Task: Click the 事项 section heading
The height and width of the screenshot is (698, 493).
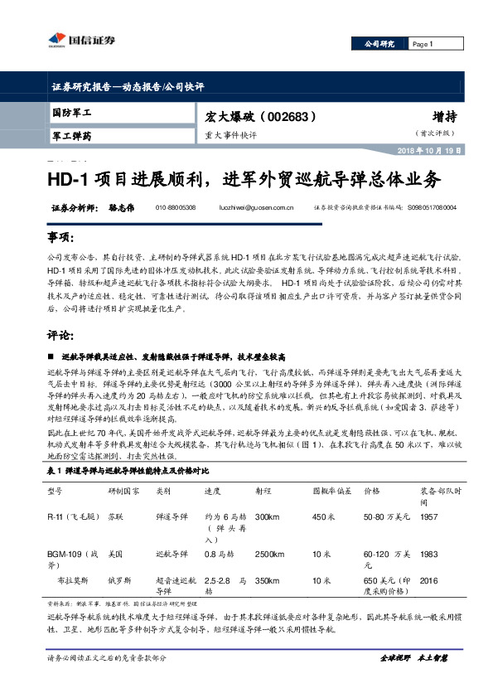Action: pos(60,239)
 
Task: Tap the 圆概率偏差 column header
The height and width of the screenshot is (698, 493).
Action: pos(328,490)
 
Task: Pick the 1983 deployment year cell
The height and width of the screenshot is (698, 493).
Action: pos(429,552)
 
